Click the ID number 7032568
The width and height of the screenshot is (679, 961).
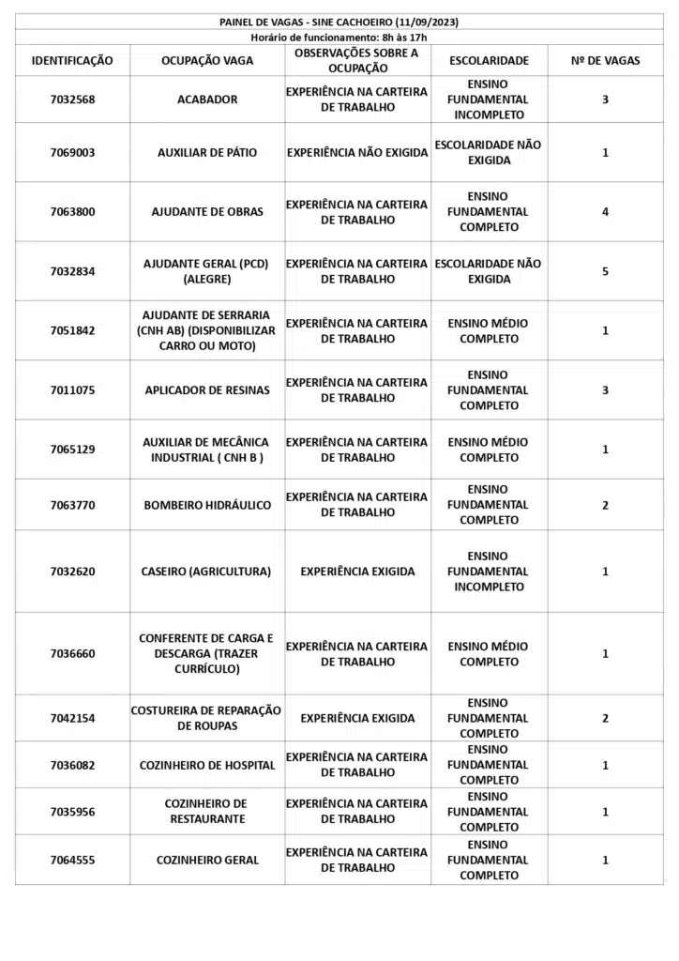72,99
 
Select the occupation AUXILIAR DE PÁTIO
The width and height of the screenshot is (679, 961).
207,153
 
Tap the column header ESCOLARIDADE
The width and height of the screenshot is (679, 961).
489,61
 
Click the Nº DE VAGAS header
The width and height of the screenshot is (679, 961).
605,61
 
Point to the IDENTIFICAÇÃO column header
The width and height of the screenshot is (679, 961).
72,61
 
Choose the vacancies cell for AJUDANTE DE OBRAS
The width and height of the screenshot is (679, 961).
605,212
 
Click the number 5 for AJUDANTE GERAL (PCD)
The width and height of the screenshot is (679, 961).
605,271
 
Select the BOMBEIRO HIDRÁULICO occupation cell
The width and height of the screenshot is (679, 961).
207,505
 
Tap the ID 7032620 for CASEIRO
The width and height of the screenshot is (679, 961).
72,572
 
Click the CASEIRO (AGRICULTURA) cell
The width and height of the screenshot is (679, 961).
206,572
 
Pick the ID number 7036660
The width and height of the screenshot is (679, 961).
72,653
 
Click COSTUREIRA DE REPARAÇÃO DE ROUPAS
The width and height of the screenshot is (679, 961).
206,718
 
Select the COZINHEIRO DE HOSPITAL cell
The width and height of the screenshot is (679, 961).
207,765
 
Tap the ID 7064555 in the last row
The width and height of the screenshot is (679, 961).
72,860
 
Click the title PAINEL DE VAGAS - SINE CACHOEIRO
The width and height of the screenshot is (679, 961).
339,22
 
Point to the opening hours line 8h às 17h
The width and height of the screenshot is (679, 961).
339,37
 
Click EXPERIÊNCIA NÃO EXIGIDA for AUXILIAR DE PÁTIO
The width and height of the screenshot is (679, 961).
357,153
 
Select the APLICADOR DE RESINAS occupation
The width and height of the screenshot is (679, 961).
207,390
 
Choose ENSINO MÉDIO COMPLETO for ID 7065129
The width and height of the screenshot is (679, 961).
489,450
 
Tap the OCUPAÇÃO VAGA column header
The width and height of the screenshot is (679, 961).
206,61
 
